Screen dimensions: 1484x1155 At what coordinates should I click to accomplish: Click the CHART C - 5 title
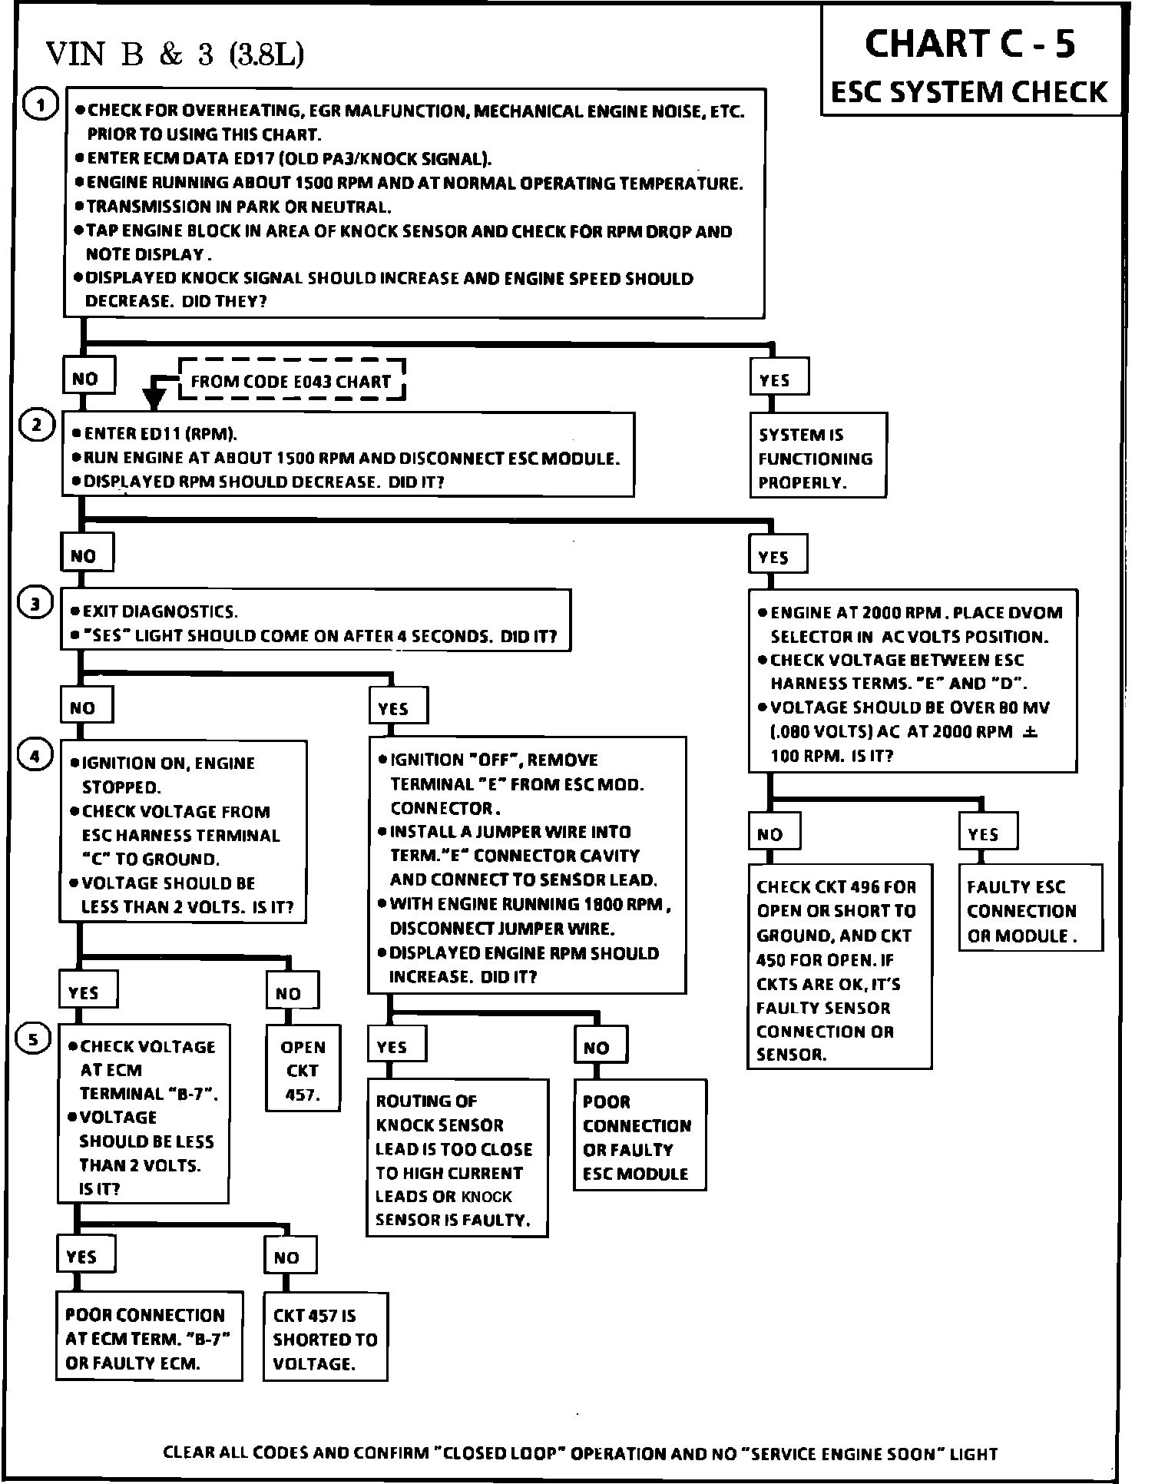(970, 44)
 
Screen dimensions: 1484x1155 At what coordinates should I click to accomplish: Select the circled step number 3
(35, 605)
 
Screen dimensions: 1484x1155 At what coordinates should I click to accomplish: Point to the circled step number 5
(33, 1040)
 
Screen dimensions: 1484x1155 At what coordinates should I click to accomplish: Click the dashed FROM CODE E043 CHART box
(291, 381)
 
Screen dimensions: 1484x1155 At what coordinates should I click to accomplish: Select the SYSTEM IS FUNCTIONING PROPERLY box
(817, 458)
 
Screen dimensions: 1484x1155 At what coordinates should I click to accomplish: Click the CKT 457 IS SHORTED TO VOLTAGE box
(325, 1339)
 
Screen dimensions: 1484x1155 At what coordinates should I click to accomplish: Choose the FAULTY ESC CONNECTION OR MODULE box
(1029, 911)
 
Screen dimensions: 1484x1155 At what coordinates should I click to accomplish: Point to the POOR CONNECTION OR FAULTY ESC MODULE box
(638, 1137)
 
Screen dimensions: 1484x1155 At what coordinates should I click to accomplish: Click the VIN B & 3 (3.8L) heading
(175, 54)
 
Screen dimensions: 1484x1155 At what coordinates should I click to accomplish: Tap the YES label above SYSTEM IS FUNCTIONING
(775, 380)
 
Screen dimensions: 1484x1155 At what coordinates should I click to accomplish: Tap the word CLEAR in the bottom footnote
(189, 1453)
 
